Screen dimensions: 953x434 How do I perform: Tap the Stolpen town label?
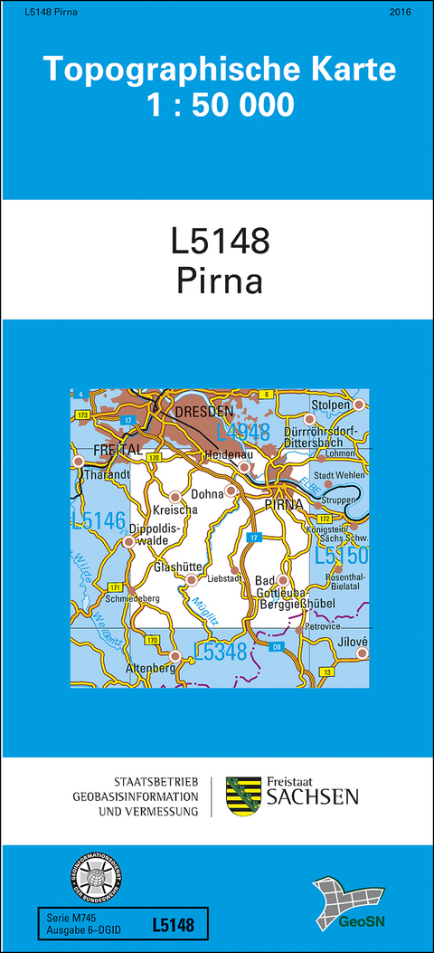[x=331, y=405]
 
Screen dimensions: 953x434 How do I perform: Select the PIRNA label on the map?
[x=282, y=505]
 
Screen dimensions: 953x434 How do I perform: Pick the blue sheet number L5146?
[x=98, y=520]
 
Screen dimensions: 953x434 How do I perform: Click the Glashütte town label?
[x=175, y=567]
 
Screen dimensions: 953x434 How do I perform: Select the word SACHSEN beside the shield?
[x=311, y=796]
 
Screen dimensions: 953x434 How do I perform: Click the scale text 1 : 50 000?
[x=221, y=105]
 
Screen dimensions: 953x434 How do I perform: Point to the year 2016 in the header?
[x=400, y=12]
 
